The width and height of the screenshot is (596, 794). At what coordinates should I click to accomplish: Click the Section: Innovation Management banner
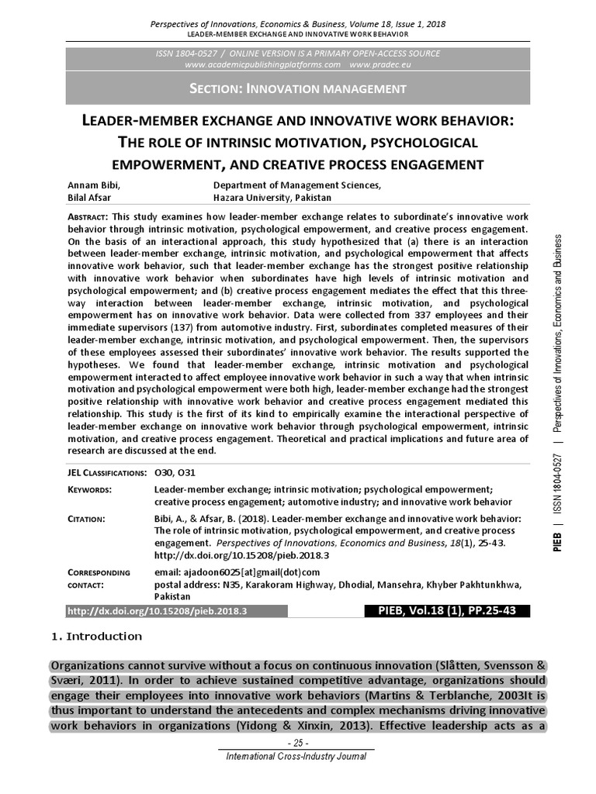coord(298,88)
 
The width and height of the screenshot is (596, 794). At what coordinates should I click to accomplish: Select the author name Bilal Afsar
coord(92,198)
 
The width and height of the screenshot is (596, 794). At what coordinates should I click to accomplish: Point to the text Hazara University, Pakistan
coord(272,198)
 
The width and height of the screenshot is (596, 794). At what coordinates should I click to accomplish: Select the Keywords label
coord(90,490)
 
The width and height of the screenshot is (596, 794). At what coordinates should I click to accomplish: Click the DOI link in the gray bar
coord(158,611)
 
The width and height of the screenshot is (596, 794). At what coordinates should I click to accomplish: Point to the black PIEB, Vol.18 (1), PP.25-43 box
coord(442,611)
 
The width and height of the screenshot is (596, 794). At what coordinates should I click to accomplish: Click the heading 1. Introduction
coord(96,637)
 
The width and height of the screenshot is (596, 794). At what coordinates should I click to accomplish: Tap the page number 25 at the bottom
coord(298,743)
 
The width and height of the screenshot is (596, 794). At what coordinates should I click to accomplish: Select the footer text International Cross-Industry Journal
coord(298,757)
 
